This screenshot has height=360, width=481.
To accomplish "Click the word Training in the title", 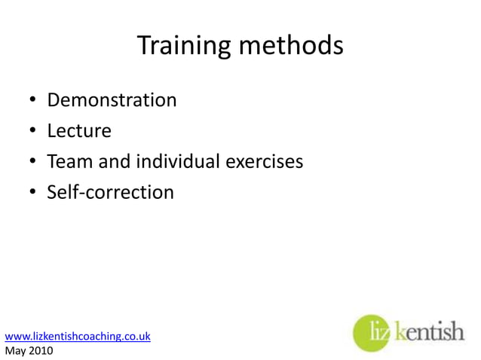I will coord(185,47).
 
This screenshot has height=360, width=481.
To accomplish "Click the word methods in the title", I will coord(291,47).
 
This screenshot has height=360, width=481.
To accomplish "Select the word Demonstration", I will coord(112,99).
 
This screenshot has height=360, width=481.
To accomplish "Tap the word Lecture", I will coord(79,131).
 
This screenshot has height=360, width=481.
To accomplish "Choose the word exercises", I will coord(265,162).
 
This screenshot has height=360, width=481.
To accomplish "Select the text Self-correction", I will coord(110,193).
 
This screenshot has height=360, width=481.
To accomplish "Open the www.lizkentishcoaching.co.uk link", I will coord(78,336).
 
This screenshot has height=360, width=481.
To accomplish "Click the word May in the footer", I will coord(17,350).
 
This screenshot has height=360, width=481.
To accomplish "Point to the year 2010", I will coord(41,350).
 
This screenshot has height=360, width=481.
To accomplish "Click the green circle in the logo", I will coord(372,332).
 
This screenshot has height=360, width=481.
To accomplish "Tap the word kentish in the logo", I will coord(430,331).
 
